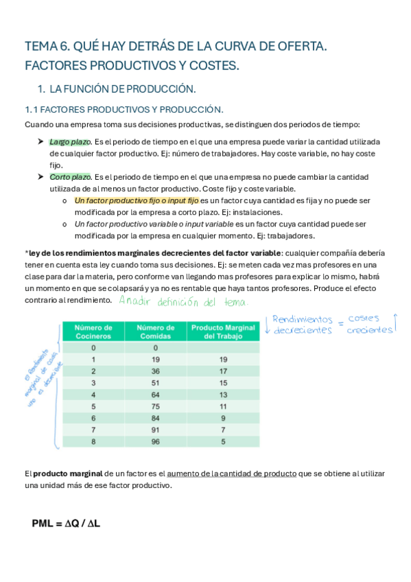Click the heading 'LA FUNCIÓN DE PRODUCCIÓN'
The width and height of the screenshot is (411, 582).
(122, 89)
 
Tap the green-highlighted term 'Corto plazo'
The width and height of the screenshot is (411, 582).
(67, 176)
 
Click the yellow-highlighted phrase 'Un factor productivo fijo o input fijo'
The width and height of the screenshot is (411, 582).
(136, 200)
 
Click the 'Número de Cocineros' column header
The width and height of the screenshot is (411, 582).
(93, 332)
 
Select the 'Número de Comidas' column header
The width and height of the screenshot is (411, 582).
(156, 332)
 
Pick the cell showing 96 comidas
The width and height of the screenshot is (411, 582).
(156, 442)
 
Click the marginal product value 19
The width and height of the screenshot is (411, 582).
(222, 359)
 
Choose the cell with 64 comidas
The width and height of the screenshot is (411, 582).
(156, 395)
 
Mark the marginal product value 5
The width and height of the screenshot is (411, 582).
(222, 442)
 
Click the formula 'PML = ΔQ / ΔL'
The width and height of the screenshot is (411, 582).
(66, 524)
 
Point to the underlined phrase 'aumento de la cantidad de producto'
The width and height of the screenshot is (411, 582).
(232, 474)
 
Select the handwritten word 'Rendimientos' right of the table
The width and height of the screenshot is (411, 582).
(302, 319)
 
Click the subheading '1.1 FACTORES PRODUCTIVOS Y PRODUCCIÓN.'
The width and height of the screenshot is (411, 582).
(124, 109)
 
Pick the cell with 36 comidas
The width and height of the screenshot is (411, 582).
(156, 371)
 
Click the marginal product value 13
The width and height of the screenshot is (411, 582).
(222, 395)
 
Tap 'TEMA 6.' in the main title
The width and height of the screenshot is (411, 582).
(47, 47)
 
